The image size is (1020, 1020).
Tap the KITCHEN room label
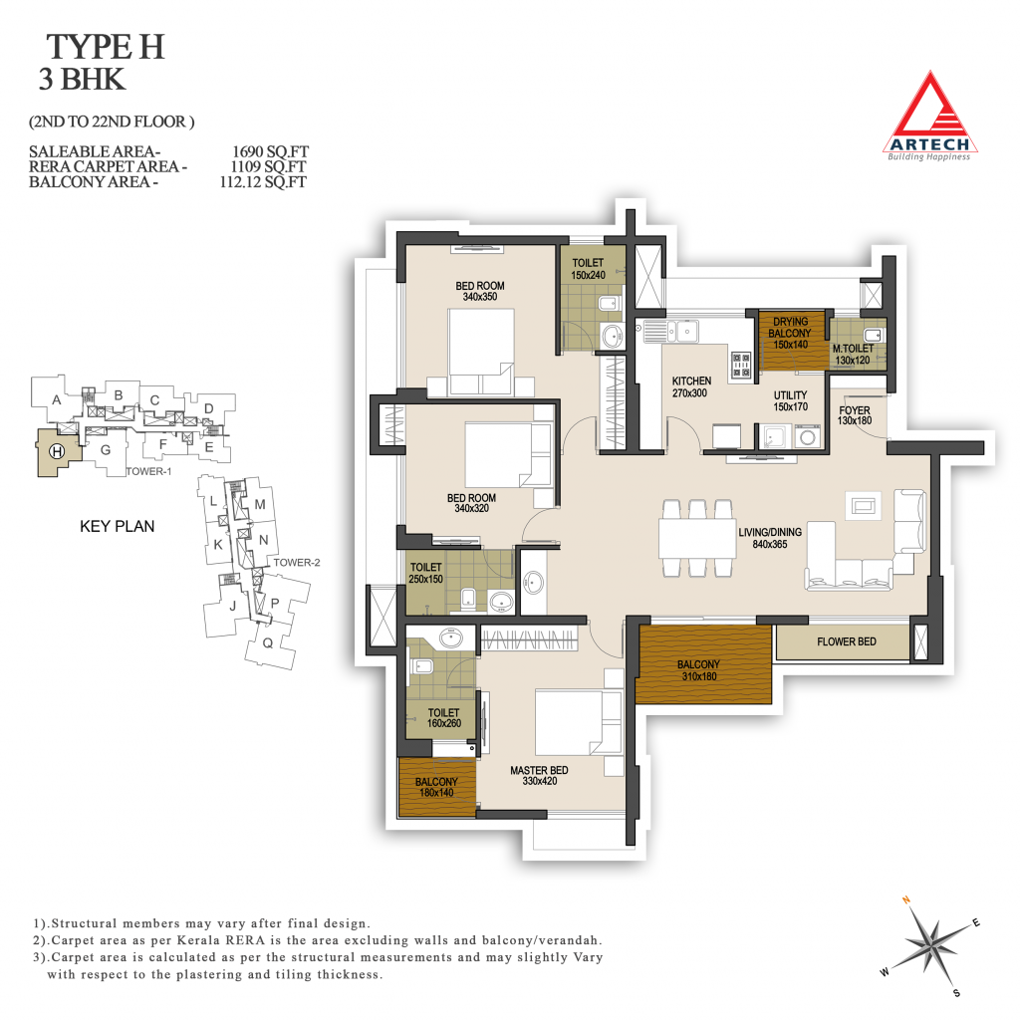click(x=691, y=381)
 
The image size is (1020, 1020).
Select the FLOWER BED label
click(x=847, y=642)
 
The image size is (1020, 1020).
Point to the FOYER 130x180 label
click(x=854, y=415)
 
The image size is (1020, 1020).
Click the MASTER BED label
click(x=539, y=770)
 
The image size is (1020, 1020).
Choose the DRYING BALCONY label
click(x=790, y=327)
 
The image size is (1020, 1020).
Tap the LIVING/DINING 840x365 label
click(x=770, y=538)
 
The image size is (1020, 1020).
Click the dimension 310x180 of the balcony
click(x=699, y=676)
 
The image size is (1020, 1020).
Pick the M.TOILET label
click(x=853, y=349)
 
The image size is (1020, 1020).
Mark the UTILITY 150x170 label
click(x=790, y=400)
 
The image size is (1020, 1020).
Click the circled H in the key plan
click(x=57, y=451)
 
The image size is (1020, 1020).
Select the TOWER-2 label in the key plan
click(x=297, y=563)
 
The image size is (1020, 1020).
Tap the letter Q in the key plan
click(x=267, y=643)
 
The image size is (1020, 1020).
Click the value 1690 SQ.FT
click(x=270, y=151)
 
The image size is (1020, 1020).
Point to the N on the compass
click(x=906, y=900)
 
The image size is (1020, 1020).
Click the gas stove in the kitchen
click(x=741, y=365)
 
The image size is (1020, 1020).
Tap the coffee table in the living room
click(x=865, y=505)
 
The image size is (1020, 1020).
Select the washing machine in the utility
click(x=807, y=436)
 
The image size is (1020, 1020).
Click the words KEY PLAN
click(x=118, y=526)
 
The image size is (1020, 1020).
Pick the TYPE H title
click(x=106, y=47)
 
